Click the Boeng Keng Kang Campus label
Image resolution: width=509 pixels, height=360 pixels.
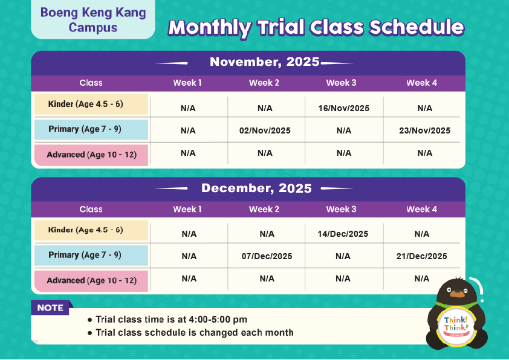point(93,20)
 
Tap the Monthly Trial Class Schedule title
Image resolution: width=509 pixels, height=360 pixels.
point(316,27)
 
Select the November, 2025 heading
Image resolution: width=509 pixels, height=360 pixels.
point(265,62)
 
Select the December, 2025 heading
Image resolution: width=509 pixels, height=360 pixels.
point(256,188)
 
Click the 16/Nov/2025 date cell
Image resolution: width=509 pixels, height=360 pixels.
point(343,109)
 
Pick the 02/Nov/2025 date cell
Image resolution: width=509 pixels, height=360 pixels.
point(265,130)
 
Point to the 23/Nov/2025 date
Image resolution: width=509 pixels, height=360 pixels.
point(424,130)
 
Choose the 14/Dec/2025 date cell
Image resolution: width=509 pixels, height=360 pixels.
point(343,234)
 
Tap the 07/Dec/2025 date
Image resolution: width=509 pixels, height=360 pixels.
point(267,256)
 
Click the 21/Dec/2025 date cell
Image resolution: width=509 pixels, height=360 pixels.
point(422,256)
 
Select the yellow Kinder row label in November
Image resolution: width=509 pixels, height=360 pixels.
point(91,104)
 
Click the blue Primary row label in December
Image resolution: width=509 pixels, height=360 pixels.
point(91,255)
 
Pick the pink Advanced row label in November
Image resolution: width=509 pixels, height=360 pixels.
point(91,155)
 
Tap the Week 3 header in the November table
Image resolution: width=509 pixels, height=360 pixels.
point(341,83)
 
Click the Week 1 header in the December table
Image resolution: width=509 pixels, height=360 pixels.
point(187,209)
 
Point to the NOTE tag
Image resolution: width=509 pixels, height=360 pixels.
point(51,308)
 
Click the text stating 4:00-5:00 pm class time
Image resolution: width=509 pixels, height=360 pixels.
point(171,320)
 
